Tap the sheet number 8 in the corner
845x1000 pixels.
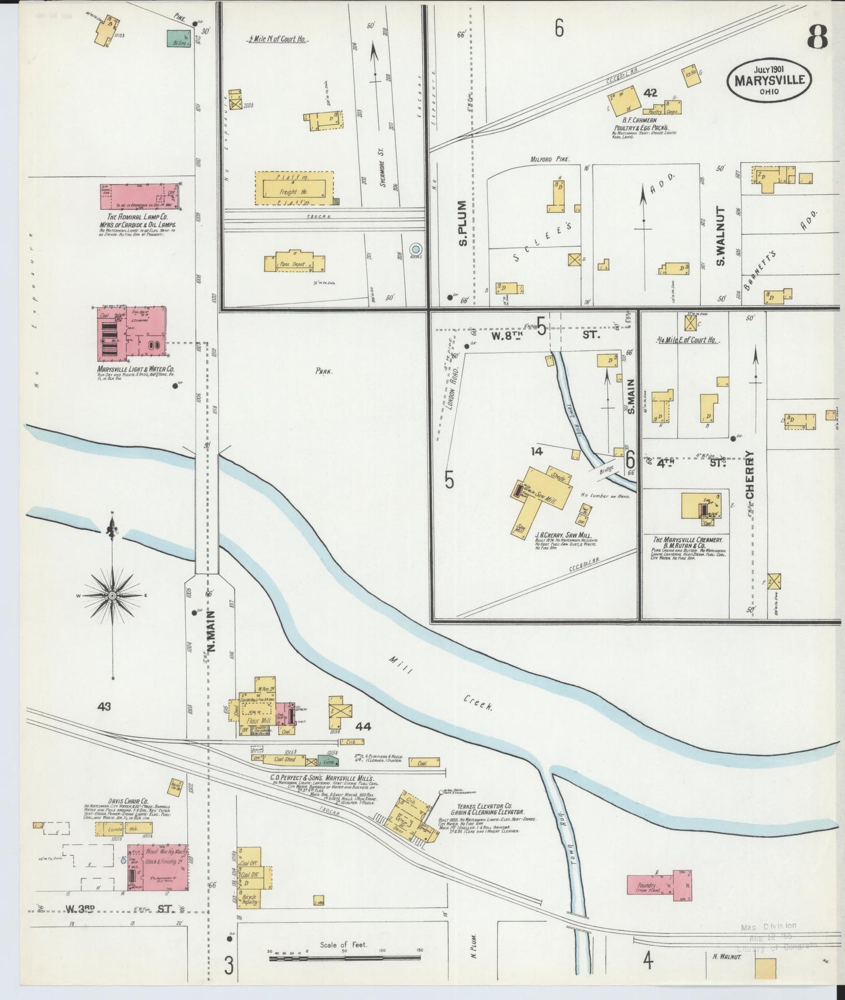point(818,38)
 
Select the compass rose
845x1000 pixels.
point(112,595)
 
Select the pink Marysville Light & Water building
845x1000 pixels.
point(130,333)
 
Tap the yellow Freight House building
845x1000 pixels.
point(294,188)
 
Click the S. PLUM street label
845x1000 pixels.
point(463,223)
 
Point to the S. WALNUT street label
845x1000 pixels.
point(720,236)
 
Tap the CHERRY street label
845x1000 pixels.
point(750,474)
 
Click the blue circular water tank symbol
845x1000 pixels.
point(416,249)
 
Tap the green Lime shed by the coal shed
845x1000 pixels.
point(327,761)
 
